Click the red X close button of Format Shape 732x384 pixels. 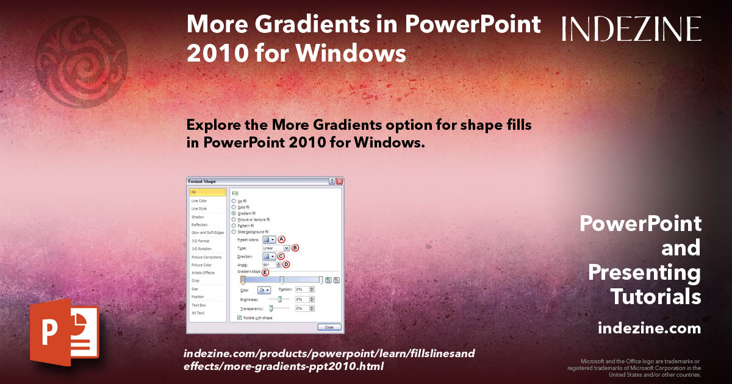[x=340, y=182]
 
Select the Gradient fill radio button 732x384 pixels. [x=234, y=213]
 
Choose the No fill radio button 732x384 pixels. [x=234, y=201]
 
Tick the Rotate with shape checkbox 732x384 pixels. [x=239, y=318]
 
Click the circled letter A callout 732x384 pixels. [x=282, y=240]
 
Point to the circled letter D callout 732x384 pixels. [x=285, y=265]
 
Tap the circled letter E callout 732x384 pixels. [x=265, y=272]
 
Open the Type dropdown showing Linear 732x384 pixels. [x=286, y=248]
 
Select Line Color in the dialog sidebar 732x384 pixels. [x=199, y=201]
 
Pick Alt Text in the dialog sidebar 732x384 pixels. [x=198, y=313]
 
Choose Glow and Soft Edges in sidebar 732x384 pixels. [x=207, y=233]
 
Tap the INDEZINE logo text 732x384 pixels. [x=631, y=29]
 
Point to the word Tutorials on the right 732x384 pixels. [x=656, y=297]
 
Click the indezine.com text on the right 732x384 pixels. [x=649, y=329]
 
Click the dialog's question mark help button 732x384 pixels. [x=332, y=182]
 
